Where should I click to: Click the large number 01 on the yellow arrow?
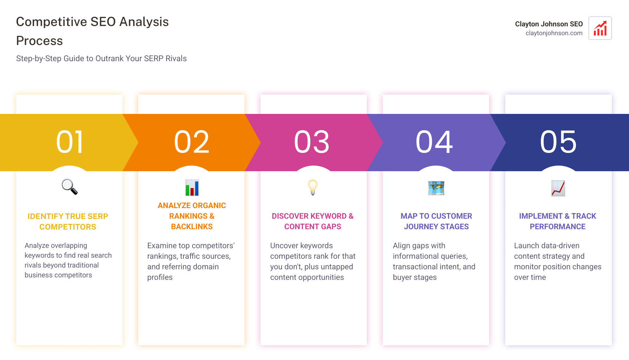(70, 142)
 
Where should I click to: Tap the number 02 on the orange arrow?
(192, 142)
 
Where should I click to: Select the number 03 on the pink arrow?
(312, 142)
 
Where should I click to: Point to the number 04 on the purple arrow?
(434, 142)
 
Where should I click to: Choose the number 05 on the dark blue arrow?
(558, 142)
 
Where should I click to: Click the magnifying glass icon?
(70, 187)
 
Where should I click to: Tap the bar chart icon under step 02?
(192, 188)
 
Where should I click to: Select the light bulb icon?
(312, 187)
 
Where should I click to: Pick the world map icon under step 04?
(436, 188)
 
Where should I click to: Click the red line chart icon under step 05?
(558, 188)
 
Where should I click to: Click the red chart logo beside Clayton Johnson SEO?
(600, 28)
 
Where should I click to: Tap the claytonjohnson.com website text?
(554, 33)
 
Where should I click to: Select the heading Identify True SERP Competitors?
(68, 221)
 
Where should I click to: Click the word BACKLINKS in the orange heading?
(192, 227)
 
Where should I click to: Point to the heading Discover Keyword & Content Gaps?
(312, 221)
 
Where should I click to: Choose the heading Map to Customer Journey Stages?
(436, 221)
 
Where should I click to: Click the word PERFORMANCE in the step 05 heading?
(557, 227)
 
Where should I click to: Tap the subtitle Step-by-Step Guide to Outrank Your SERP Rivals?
(101, 58)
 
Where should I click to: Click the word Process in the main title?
(39, 41)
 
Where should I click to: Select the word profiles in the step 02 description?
(160, 277)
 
